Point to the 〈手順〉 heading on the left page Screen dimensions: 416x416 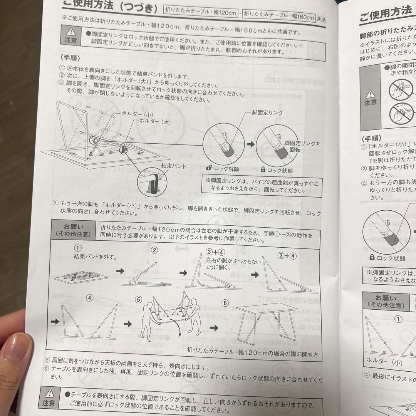70,59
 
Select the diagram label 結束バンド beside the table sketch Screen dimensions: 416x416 174,166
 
